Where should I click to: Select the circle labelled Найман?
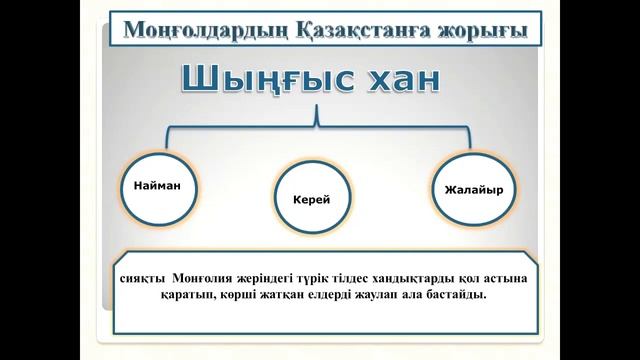pyautogui.click(x=156, y=187)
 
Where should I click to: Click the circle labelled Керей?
pyautogui.click(x=311, y=200)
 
